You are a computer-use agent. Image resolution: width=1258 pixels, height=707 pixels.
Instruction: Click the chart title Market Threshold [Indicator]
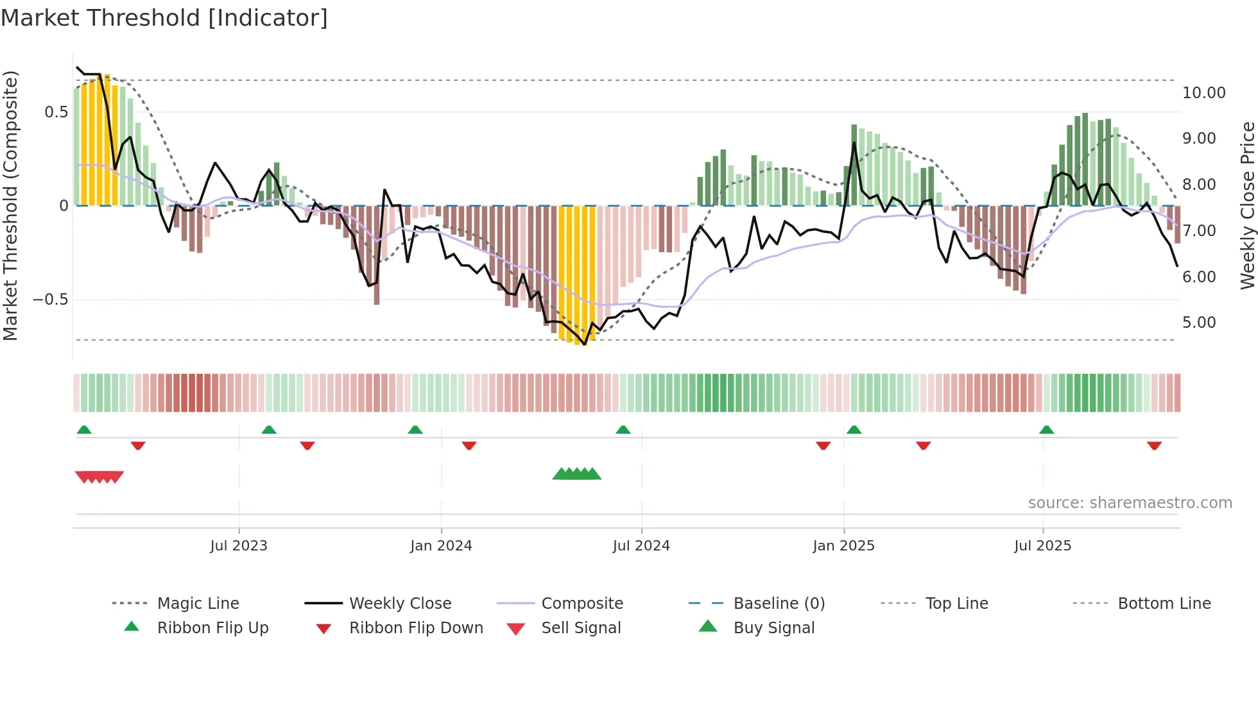coord(164,18)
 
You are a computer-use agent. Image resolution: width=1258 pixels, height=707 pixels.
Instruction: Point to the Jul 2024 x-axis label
coord(641,546)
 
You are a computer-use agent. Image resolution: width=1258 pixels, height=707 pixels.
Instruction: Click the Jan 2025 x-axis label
coord(843,546)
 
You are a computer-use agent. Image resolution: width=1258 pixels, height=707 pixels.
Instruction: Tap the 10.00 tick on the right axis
coord(1203,93)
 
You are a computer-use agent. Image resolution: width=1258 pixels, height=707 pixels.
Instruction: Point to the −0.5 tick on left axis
coord(50,300)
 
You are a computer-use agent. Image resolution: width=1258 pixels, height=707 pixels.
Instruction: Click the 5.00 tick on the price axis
coord(1199,323)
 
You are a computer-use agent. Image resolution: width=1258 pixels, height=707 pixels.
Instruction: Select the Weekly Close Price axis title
coord(1247,205)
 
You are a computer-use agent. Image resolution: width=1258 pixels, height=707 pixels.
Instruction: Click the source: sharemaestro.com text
coord(1130,503)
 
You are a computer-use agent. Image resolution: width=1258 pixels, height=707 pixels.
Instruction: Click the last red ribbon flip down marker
coord(1154,445)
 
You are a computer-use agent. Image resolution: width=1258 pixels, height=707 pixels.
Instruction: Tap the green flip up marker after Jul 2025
coord(1046,430)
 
